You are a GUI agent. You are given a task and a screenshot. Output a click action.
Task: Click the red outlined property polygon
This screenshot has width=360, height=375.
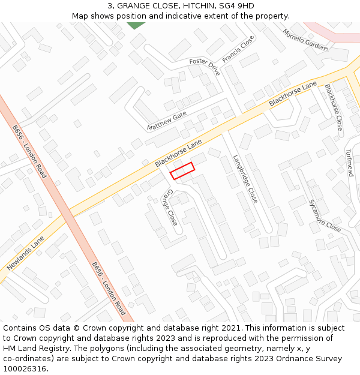182,170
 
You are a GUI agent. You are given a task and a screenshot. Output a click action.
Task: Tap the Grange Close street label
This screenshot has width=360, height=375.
170,208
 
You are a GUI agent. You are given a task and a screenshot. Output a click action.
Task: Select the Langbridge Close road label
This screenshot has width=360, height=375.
245,179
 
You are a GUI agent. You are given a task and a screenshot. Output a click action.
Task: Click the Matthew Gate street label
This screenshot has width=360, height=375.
167,121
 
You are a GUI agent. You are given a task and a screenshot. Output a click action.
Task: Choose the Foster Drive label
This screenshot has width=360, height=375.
205,66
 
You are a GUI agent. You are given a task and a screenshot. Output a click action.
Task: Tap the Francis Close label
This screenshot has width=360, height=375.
238,49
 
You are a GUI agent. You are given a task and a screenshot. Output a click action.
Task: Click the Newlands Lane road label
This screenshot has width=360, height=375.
26,253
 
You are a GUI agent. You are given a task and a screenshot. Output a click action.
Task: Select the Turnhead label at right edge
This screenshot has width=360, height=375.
351,166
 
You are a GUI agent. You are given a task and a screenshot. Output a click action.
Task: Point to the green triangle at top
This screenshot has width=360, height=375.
136,25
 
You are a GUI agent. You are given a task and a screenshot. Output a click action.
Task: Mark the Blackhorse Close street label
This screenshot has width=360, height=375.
333,107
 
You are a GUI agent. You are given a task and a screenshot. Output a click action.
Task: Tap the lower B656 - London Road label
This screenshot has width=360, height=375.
109,289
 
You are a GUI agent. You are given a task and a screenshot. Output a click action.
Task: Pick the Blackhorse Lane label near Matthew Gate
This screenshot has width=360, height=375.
178,154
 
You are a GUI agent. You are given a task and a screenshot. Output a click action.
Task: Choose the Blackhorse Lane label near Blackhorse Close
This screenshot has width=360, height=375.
292,94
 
